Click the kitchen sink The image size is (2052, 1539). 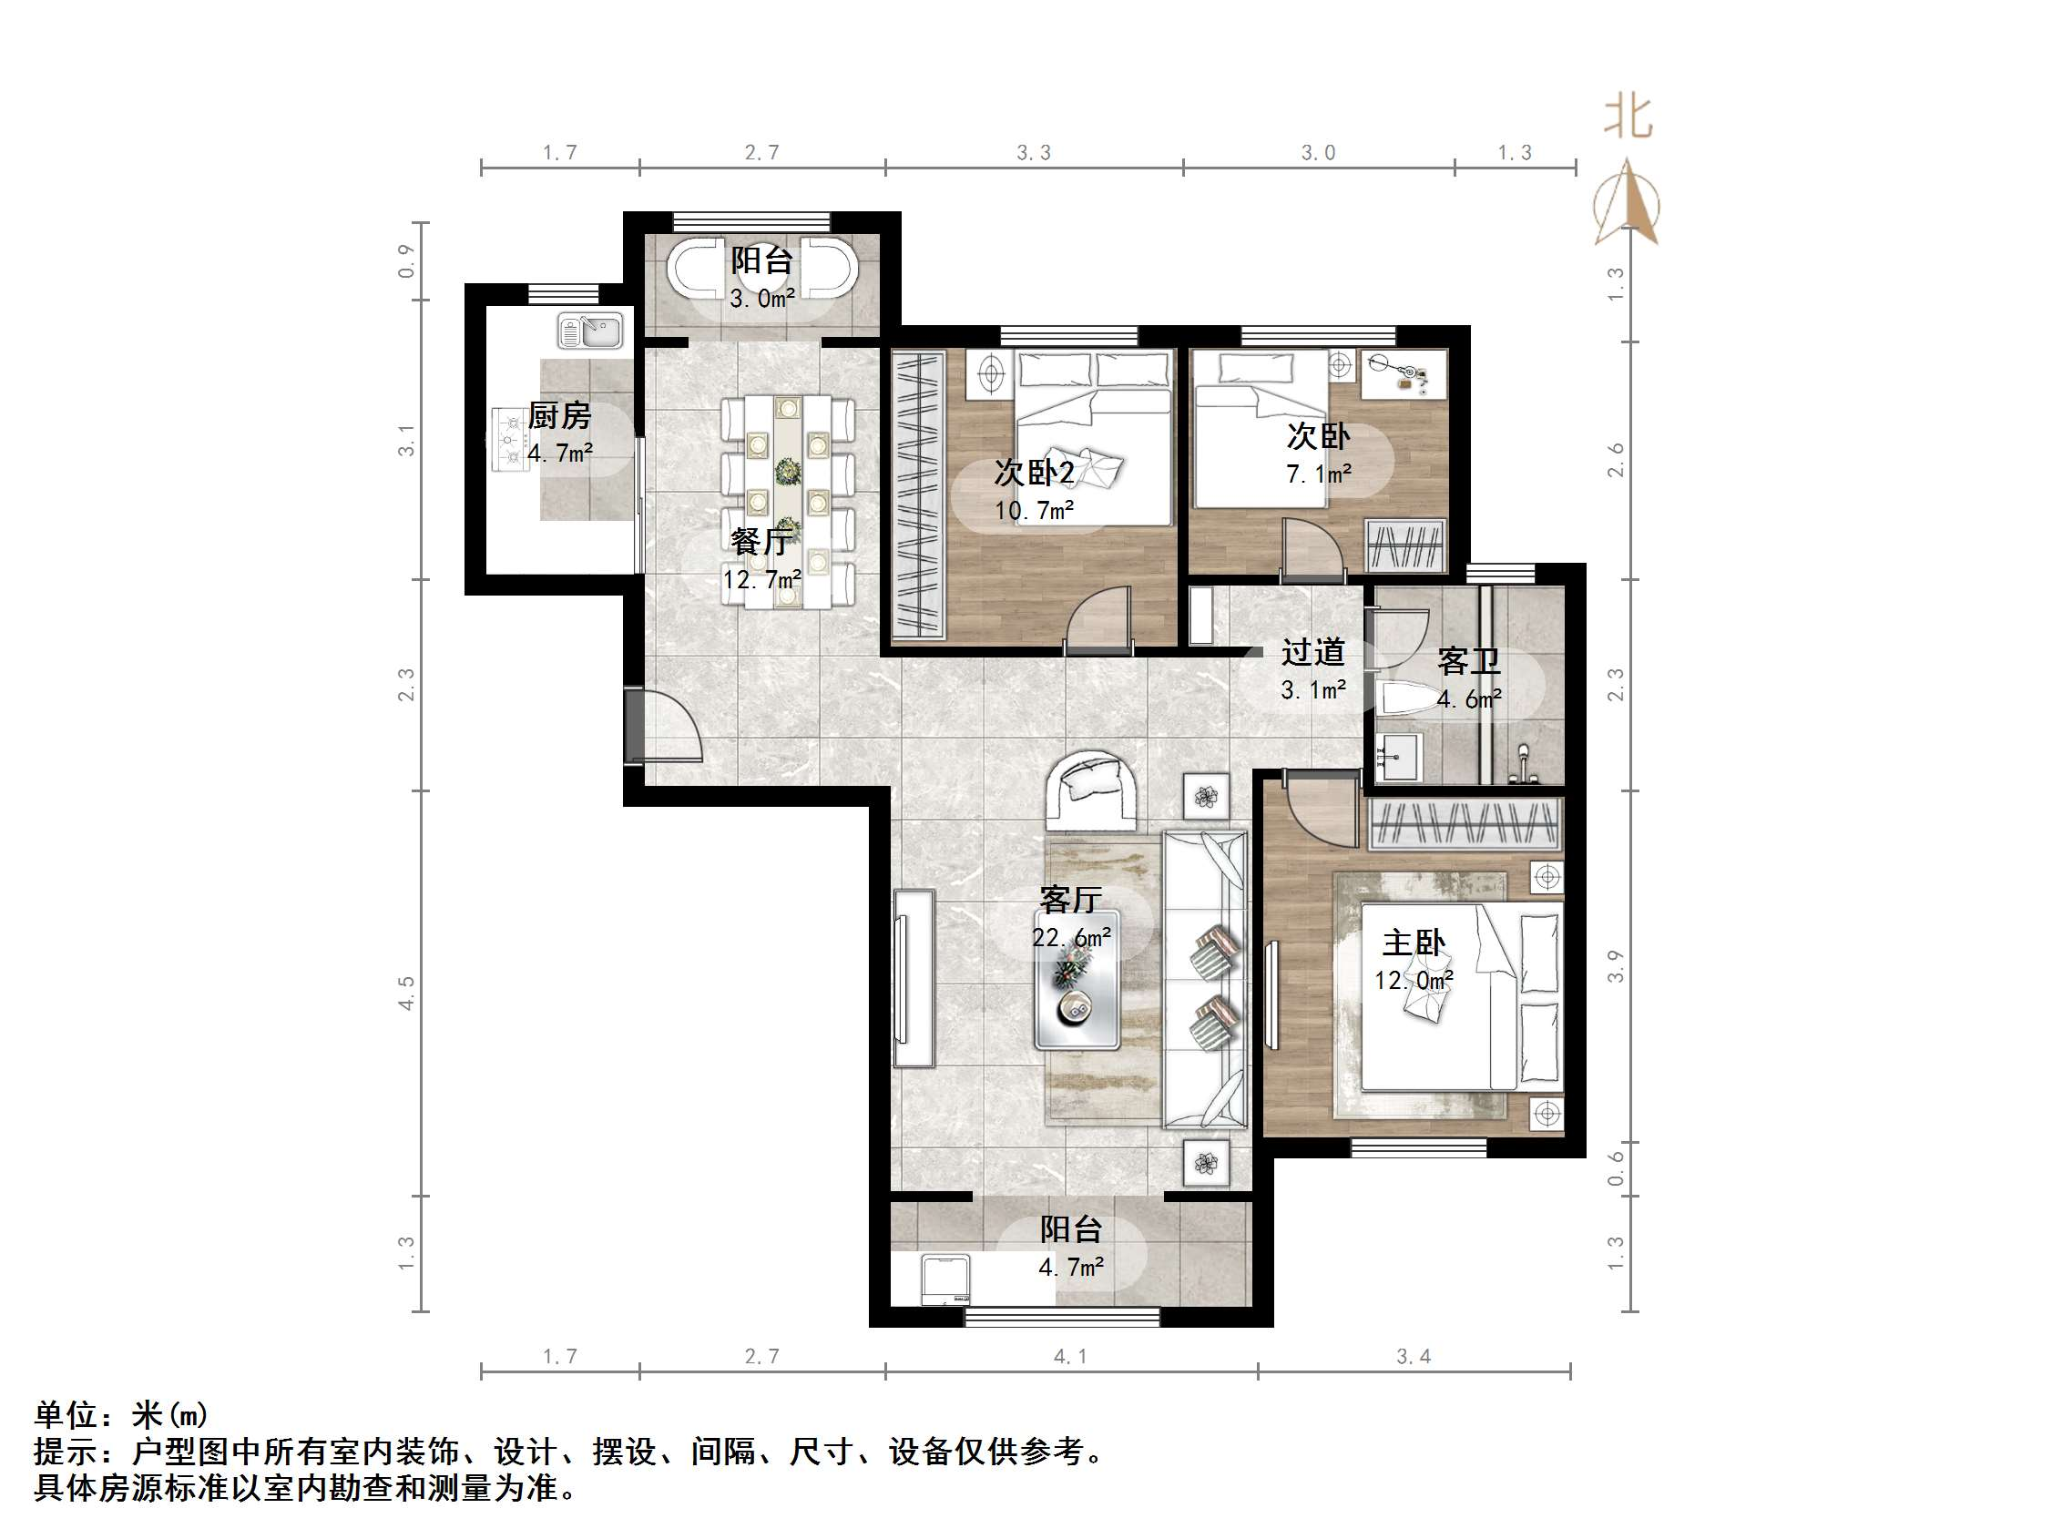[x=591, y=332]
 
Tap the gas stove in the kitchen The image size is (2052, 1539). [x=509, y=441]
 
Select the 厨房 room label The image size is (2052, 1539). [x=559, y=416]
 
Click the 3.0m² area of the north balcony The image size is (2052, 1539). [x=761, y=299]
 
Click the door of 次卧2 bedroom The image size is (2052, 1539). [x=1098, y=619]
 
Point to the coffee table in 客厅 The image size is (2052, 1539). [x=1077, y=980]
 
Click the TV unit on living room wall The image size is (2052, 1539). [x=914, y=979]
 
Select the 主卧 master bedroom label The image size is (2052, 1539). [x=1413, y=943]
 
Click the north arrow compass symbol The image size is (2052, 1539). [x=1626, y=203]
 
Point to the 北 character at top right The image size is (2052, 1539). [x=1628, y=117]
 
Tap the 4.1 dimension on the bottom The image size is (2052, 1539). [x=1069, y=1357]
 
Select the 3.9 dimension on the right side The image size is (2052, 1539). [x=1616, y=965]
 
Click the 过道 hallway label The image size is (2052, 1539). [x=1312, y=653]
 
